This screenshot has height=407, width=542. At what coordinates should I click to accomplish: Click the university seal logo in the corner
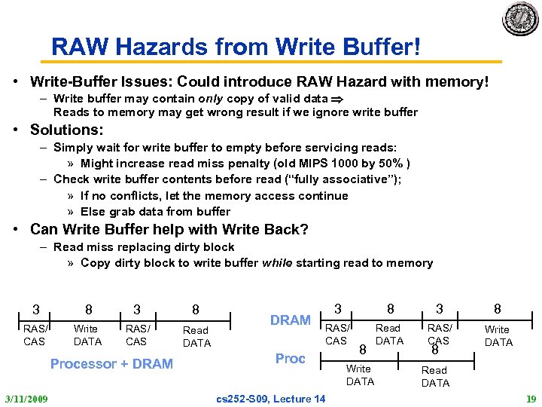tap(520, 20)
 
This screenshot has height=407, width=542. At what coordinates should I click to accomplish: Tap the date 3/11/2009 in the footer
tap(25, 398)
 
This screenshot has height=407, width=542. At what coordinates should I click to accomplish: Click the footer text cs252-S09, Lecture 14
tap(271, 398)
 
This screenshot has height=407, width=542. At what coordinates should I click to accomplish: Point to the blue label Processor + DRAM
tap(111, 364)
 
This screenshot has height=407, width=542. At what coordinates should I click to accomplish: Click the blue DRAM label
tap(291, 320)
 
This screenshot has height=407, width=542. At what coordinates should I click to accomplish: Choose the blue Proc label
tap(291, 358)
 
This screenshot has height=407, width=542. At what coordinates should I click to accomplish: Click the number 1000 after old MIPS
tap(338, 164)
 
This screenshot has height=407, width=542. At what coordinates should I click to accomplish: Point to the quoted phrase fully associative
tap(339, 179)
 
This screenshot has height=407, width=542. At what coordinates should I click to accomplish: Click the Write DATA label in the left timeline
tap(87, 335)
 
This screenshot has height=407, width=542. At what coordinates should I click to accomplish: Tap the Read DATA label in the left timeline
tap(196, 336)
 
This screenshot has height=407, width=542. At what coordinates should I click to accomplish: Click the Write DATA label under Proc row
tap(359, 375)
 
